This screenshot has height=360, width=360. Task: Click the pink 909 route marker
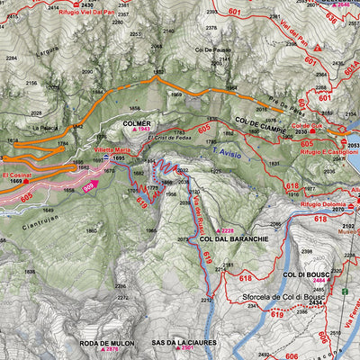pyautogui.click(x=90, y=188)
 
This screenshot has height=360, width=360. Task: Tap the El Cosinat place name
pyautogui.click(x=18, y=174)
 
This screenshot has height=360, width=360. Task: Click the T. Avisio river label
pyautogui.click(x=227, y=154)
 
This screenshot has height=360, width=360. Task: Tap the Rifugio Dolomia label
pyautogui.click(x=316, y=204)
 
